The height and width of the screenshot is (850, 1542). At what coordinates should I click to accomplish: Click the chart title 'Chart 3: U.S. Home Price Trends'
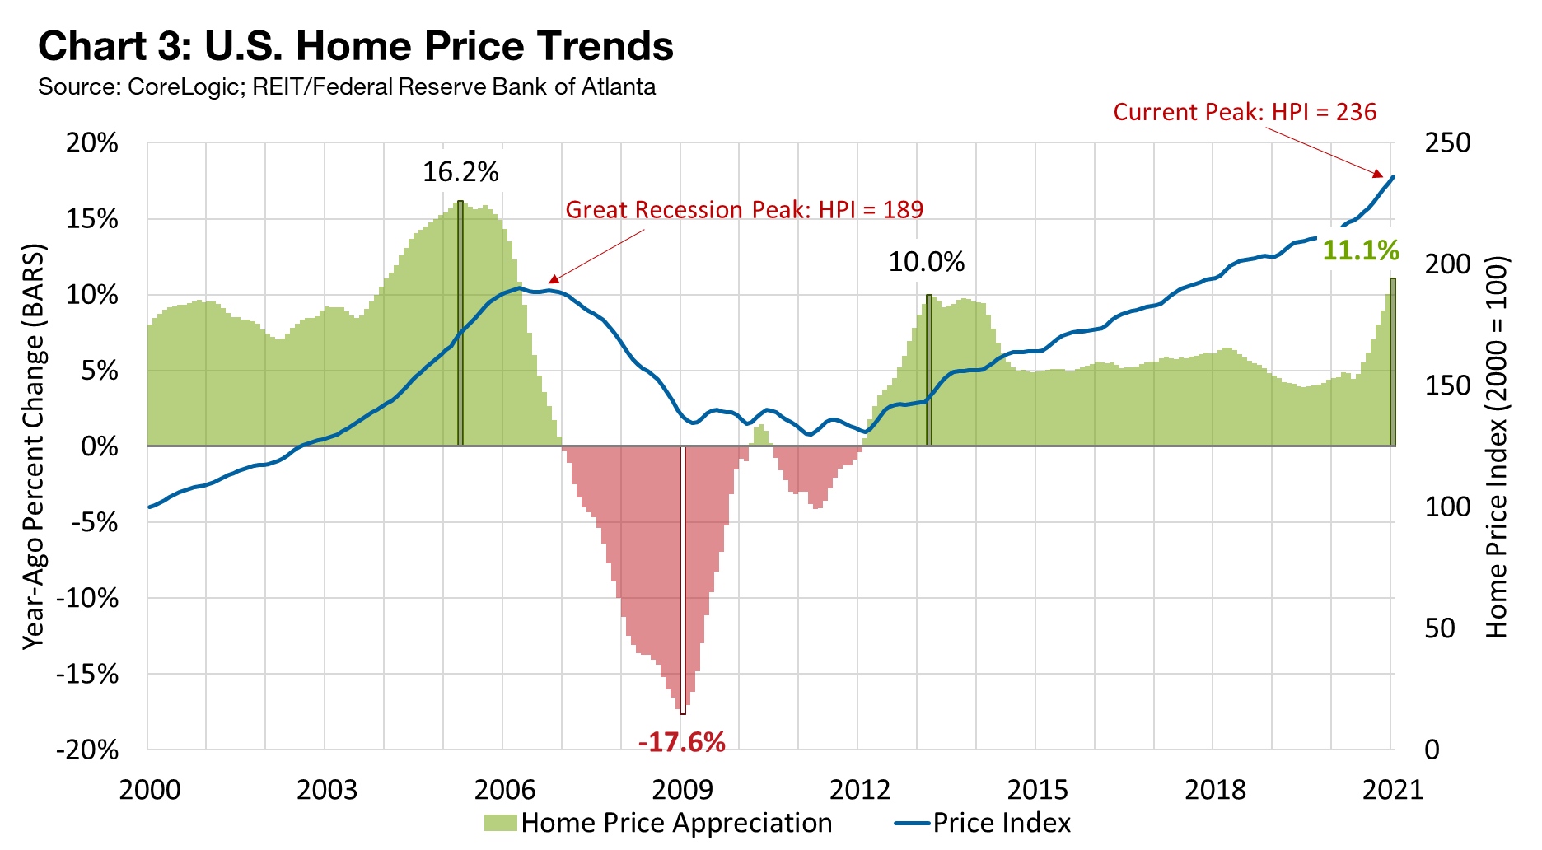356,46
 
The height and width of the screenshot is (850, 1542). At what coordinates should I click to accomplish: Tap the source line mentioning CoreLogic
347,86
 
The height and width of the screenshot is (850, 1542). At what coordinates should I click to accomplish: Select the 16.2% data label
460,172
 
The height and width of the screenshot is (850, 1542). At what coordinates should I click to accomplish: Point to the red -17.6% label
681,742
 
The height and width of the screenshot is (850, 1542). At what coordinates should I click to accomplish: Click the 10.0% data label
926,262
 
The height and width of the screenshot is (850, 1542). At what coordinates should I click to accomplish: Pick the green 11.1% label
1360,250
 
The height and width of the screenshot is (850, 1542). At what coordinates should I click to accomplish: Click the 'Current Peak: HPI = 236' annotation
1245,112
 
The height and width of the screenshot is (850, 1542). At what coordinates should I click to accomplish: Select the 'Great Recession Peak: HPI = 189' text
744,210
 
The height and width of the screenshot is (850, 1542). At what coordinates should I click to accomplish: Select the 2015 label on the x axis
1037,790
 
